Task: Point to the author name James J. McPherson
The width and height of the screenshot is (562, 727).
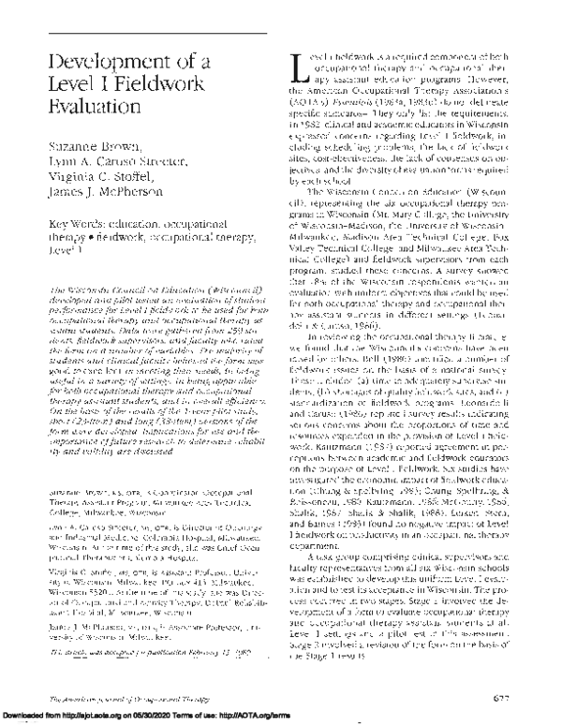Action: [111, 223]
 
